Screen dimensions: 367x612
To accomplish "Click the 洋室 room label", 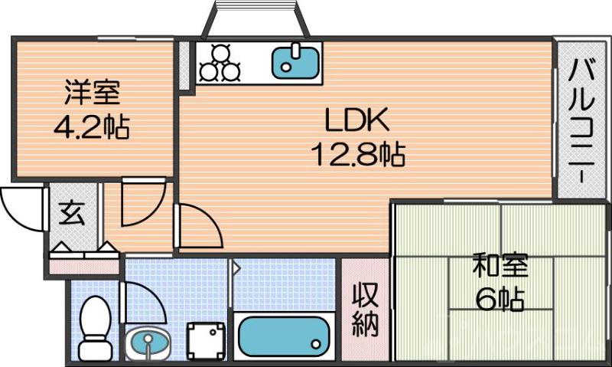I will click(91, 94).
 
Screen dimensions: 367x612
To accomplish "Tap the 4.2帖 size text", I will click(91, 126).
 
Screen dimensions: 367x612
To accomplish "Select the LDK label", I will click(357, 120).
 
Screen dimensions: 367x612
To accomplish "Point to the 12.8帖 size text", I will click(357, 156).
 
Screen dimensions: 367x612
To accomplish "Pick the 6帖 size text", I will click(499, 300).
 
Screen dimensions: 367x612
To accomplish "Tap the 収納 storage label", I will click(365, 310).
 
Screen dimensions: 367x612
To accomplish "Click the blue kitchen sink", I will click(296, 61).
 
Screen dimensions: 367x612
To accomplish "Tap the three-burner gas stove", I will click(220, 63).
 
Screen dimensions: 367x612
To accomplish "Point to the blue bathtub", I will click(282, 334).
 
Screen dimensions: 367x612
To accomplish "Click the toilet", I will click(96, 326).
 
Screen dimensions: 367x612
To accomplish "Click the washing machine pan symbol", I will click(207, 339).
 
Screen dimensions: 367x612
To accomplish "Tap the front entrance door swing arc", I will click(23, 208).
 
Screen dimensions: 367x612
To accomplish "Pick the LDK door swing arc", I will click(197, 227).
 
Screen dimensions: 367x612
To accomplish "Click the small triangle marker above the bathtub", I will click(236, 268).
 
